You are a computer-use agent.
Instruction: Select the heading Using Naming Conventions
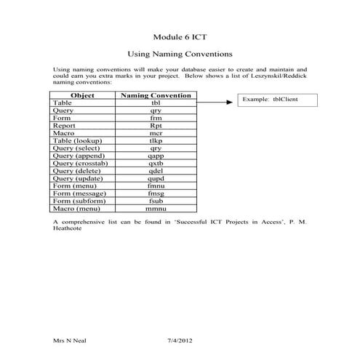[180, 54]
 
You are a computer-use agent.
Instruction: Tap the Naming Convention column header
[156, 95]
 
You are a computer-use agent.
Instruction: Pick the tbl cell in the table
[156, 103]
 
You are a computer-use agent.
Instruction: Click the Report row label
[65, 125]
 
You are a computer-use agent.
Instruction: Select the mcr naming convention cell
[156, 133]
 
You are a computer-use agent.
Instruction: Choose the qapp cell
[156, 156]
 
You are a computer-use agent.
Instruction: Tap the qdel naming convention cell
[156, 171]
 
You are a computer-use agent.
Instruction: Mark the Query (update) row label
[78, 178]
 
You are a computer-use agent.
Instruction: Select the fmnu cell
[156, 185]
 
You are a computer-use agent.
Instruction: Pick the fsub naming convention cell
[156, 201]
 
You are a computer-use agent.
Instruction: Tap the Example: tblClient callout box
[276, 100]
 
